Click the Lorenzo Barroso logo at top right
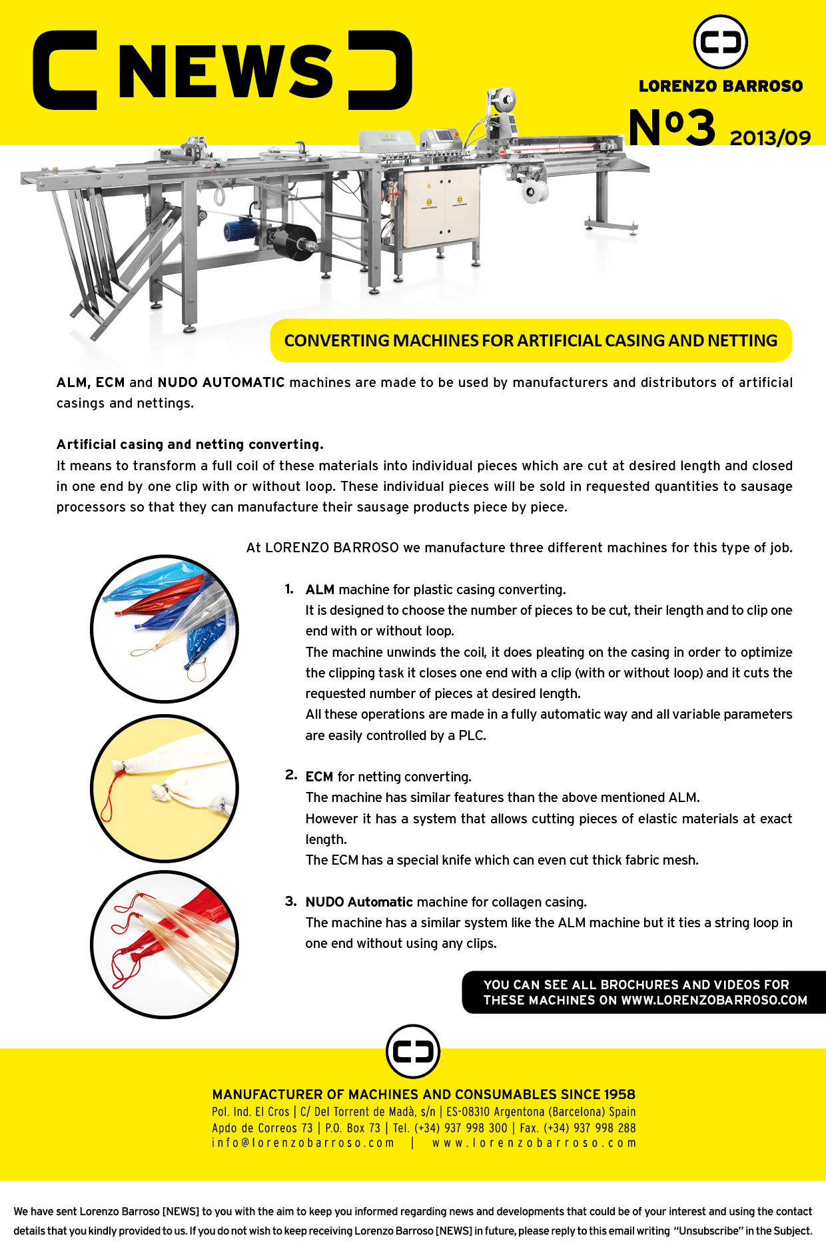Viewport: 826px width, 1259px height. [720, 42]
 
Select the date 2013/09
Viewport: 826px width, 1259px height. [770, 138]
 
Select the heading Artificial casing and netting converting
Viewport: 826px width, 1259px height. [190, 444]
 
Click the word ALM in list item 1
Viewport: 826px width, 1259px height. [320, 590]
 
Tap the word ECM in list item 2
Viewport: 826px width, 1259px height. [319, 777]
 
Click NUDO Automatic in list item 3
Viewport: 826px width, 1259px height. [359, 902]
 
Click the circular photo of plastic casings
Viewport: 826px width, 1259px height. [165, 629]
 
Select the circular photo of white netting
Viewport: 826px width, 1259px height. [165, 789]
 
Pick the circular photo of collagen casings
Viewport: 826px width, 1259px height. [165, 945]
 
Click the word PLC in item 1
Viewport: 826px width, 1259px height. [472, 735]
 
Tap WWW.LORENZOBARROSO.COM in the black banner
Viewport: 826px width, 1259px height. [713, 1000]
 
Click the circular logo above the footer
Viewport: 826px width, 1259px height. [413, 1051]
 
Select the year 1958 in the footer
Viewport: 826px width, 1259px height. [619, 1094]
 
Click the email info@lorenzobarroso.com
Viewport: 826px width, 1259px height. [303, 1143]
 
